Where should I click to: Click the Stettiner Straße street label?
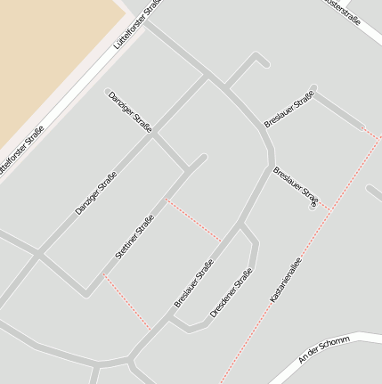135,237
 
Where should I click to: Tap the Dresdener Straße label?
232,293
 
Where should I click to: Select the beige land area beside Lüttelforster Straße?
45,53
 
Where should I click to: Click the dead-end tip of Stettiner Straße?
203,158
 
